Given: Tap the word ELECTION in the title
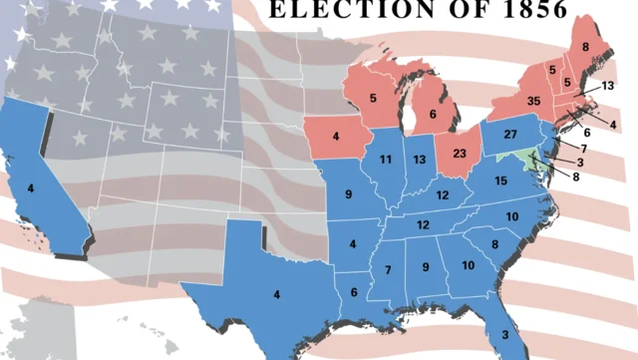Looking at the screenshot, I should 346,10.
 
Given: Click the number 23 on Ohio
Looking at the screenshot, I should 460,155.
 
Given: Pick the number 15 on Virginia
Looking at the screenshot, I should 501,180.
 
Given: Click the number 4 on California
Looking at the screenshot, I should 31,187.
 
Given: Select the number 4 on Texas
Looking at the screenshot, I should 277,293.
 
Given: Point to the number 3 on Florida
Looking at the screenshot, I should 504,335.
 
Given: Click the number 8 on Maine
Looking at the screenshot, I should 584,46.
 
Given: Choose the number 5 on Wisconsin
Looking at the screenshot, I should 372,98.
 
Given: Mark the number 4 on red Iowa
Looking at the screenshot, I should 336,136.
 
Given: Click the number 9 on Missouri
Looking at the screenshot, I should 348,193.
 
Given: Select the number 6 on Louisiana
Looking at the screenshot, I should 354,291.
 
